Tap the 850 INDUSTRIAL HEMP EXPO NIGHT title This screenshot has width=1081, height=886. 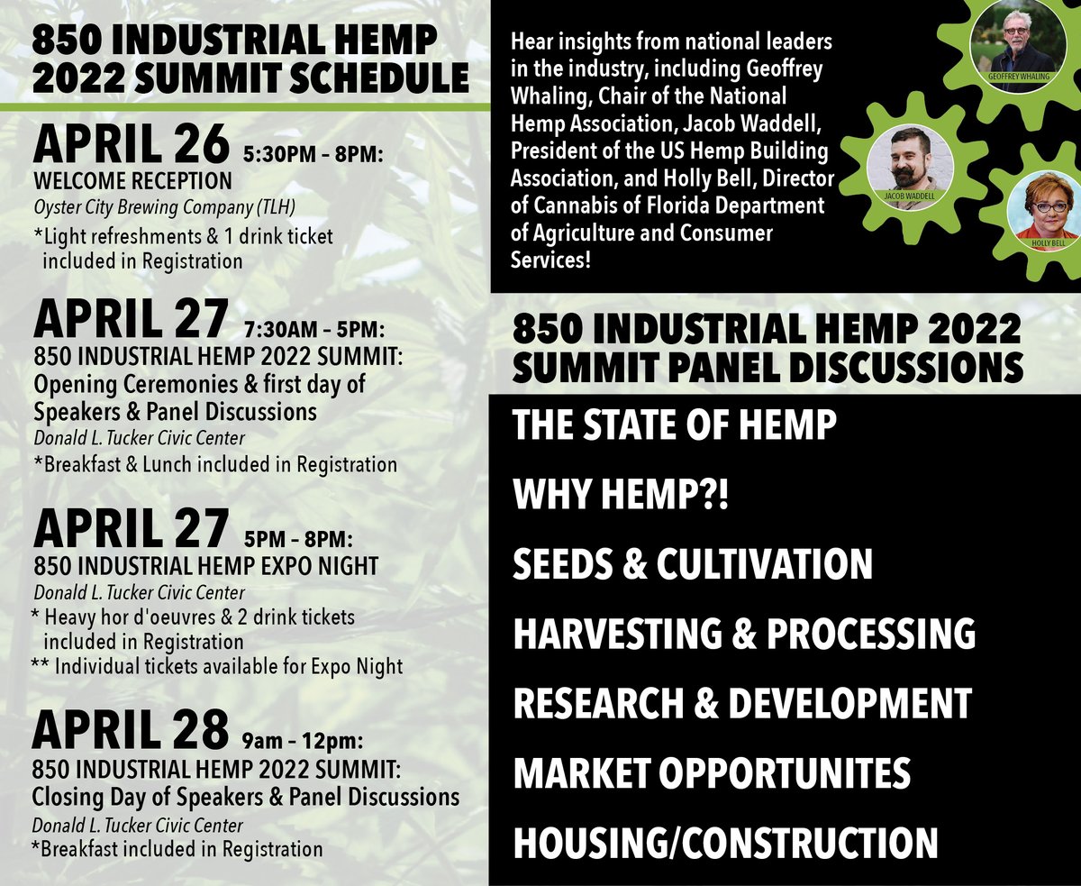point(205,565)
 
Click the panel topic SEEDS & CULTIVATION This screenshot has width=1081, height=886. point(693,564)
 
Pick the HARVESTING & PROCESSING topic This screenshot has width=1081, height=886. point(744,634)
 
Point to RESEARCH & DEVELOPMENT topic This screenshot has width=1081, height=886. point(742,703)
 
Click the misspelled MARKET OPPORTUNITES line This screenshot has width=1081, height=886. point(712,773)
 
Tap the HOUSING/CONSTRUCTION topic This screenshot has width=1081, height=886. point(725,843)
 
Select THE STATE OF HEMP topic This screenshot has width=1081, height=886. point(674,425)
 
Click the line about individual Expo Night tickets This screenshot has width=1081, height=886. point(216,667)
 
